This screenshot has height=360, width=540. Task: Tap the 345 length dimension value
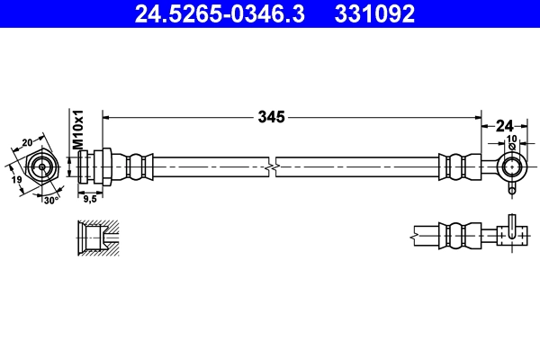272,117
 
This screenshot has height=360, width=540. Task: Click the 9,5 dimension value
89,200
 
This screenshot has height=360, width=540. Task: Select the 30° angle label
49,200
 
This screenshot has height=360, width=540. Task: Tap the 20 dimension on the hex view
27,141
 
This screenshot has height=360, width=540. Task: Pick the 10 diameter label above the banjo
512,139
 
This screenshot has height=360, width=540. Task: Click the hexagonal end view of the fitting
40,166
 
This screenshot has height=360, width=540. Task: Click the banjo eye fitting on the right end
511,166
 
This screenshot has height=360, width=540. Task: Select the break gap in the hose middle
273,166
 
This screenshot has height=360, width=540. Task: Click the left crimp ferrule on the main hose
135,166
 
